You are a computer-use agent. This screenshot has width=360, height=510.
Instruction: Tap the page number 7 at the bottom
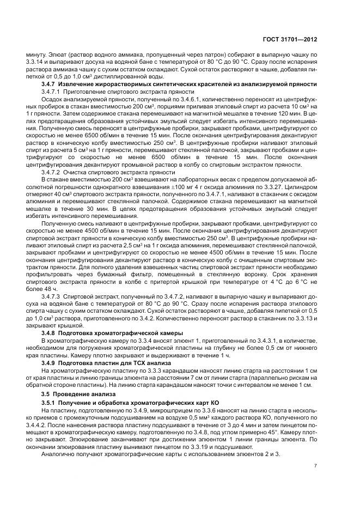[x=316, y=466]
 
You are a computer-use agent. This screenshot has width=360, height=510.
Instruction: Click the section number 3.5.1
[x=50, y=402]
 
